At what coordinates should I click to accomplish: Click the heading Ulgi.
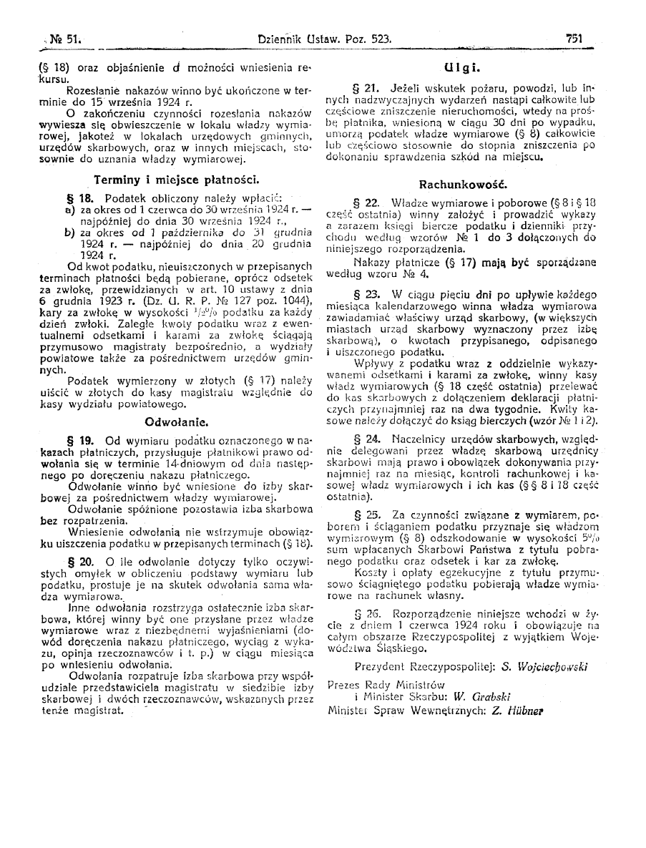pyautogui.click(x=461, y=69)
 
